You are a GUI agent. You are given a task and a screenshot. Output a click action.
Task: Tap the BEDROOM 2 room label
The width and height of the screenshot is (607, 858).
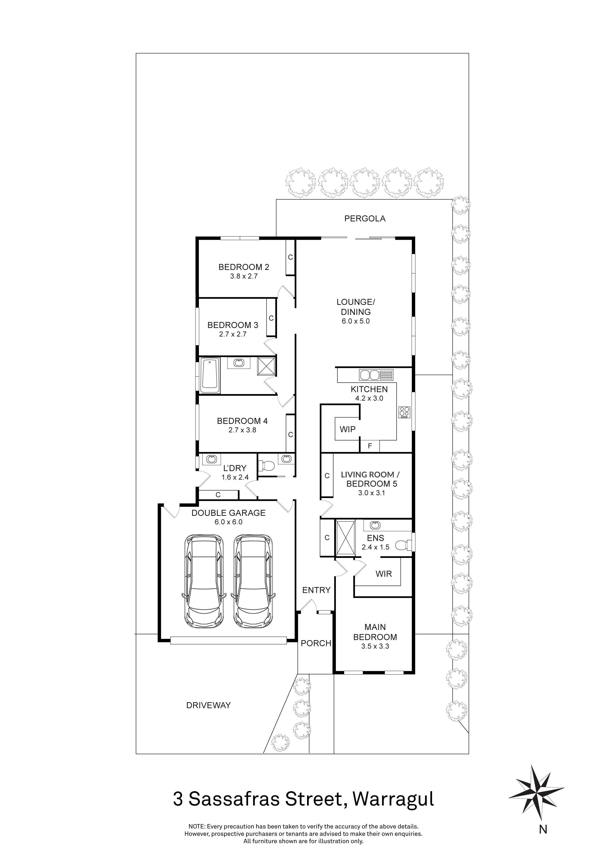click(244, 267)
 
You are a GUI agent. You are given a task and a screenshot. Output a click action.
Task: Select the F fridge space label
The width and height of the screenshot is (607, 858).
click(370, 446)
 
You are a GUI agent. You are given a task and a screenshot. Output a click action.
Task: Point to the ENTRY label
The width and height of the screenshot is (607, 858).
click(316, 590)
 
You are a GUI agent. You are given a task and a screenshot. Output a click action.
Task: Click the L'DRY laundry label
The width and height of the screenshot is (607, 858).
click(235, 468)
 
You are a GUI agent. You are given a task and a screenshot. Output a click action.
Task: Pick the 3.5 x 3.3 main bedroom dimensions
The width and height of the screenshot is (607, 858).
click(375, 646)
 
